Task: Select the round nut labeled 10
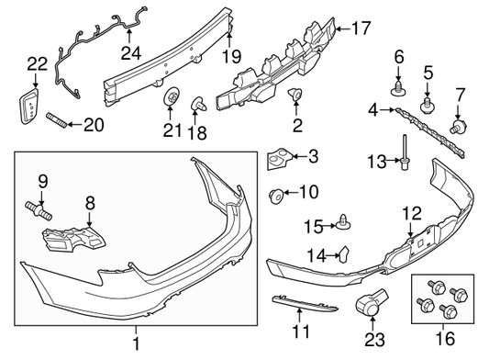(275, 193)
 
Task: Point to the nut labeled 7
(457, 124)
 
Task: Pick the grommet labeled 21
(172, 100)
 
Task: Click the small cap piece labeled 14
(343, 253)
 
